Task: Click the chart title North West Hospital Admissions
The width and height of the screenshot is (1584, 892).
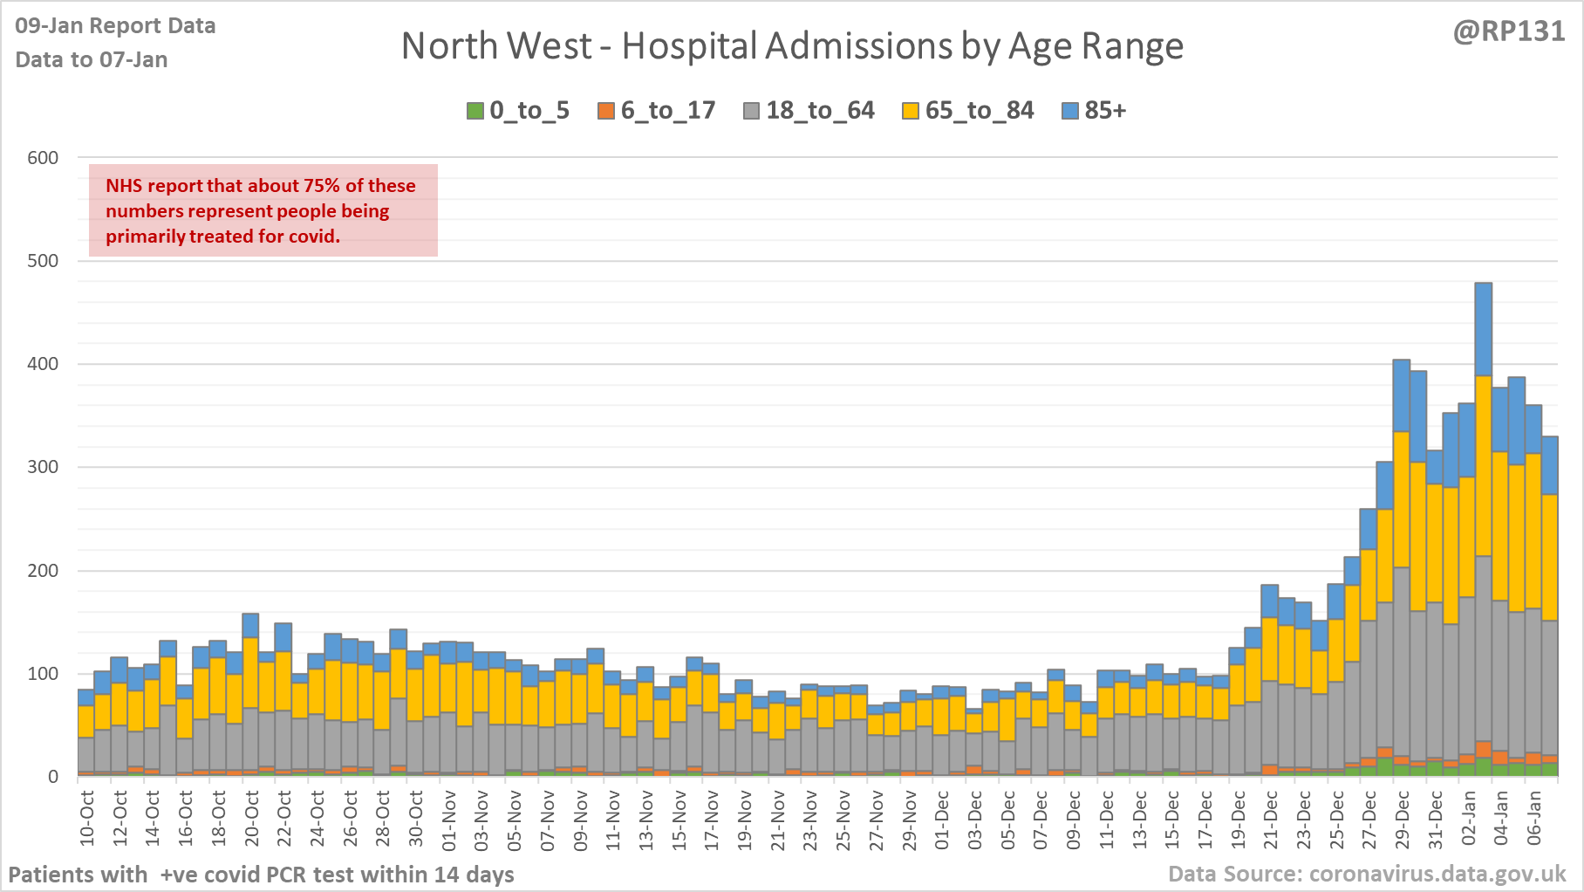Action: (792, 46)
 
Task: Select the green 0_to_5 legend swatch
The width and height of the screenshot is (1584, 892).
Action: (475, 111)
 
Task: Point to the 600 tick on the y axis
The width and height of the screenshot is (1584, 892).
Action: (43, 158)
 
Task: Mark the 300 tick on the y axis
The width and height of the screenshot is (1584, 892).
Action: (43, 467)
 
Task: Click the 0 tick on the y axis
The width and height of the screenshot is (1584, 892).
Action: (53, 777)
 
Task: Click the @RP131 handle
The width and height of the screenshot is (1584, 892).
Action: (1509, 31)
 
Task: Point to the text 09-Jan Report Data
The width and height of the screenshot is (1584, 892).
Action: (115, 26)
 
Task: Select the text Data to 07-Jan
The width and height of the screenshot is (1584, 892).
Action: (92, 59)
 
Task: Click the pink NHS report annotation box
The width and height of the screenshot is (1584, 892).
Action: (263, 210)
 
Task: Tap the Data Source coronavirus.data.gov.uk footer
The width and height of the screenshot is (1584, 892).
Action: (1367, 874)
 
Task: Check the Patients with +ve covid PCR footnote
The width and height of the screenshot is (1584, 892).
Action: (262, 875)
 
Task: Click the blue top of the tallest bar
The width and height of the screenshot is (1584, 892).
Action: (1483, 328)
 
